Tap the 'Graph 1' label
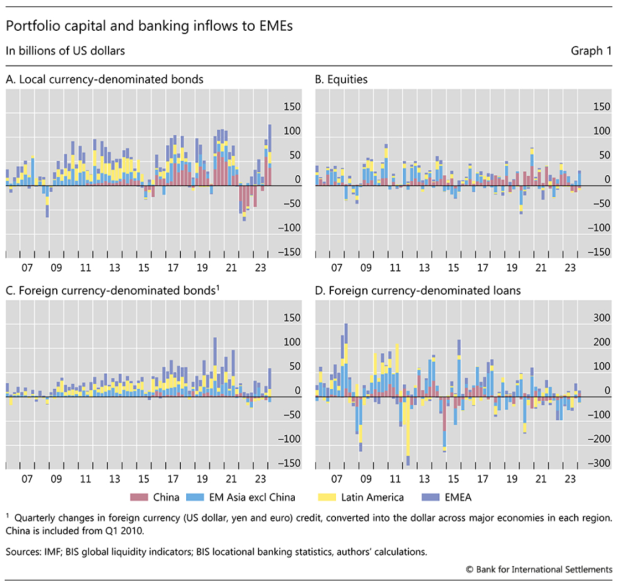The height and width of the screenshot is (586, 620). pos(590,50)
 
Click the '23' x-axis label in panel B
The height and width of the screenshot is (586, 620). pos(571,267)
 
